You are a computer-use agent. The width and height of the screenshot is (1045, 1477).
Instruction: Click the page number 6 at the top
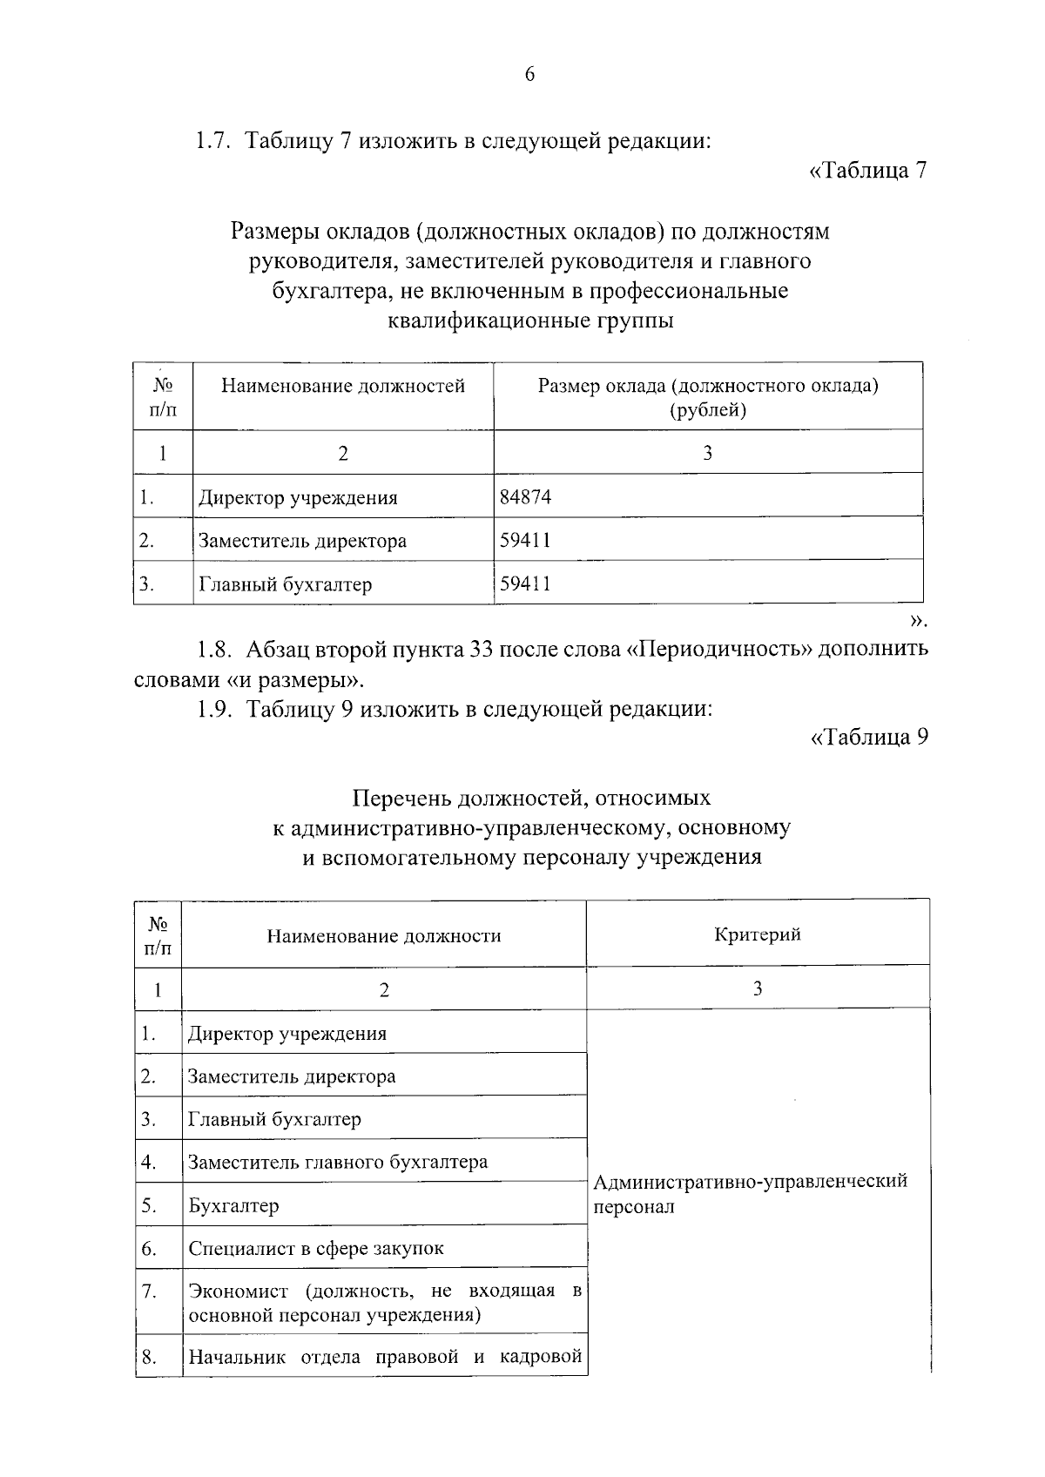pyautogui.click(x=529, y=75)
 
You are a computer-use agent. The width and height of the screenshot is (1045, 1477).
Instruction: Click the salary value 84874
pyautogui.click(x=525, y=497)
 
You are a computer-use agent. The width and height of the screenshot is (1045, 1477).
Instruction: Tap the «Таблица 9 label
pyautogui.click(x=868, y=738)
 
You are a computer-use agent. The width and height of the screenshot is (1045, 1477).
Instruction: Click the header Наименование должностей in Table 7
pyautogui.click(x=342, y=386)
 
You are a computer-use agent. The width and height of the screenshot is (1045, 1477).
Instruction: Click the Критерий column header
pyautogui.click(x=757, y=934)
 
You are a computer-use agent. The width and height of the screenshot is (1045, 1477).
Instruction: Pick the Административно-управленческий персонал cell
pyautogui.click(x=750, y=1194)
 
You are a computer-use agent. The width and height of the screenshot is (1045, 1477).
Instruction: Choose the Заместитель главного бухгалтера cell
pyautogui.click(x=338, y=1162)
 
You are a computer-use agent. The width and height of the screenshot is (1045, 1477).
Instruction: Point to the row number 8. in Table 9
pyautogui.click(x=148, y=1356)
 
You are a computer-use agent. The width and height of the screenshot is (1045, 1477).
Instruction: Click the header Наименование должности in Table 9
pyautogui.click(x=384, y=936)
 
